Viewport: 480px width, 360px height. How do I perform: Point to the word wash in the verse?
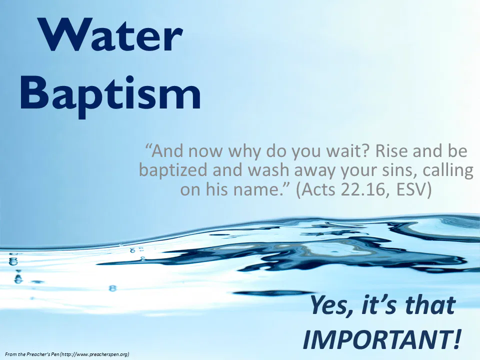267,170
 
